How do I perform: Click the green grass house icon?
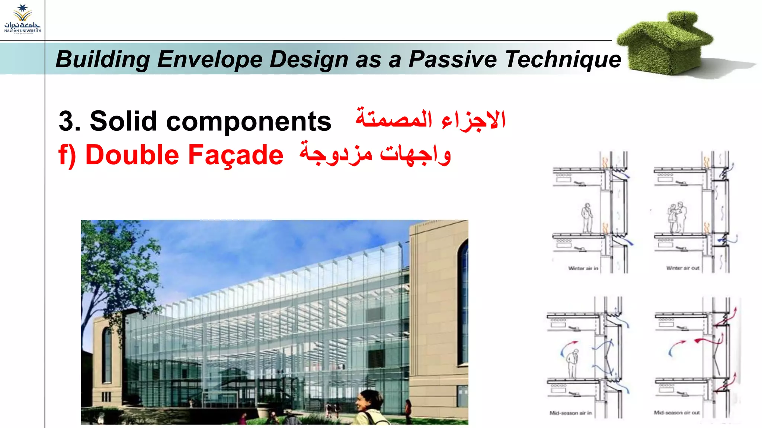[x=666, y=43]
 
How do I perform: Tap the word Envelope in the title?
[x=210, y=59]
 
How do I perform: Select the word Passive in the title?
[x=452, y=59]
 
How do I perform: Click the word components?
[x=248, y=122]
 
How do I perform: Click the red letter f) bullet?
[x=67, y=155]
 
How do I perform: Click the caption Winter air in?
[x=583, y=268]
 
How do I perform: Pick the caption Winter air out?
[x=683, y=268]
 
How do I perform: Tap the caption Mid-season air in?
[x=570, y=413]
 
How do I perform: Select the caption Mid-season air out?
[x=677, y=412]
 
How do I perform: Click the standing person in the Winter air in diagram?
[x=587, y=218]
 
